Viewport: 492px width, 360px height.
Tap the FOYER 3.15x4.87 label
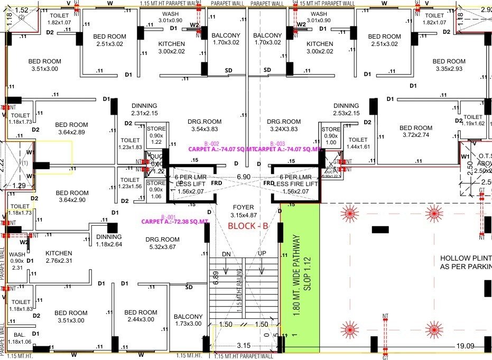point(243,211)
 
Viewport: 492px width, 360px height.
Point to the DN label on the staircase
point(227,254)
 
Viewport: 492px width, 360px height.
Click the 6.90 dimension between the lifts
point(243,176)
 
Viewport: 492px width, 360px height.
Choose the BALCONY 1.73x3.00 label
point(188,320)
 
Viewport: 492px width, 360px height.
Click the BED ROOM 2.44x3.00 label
point(141,316)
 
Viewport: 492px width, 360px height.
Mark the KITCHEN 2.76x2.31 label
point(59,257)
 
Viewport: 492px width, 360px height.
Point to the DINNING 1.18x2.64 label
point(109,241)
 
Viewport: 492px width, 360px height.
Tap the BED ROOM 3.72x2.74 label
point(416,132)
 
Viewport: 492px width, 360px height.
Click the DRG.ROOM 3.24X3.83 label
point(284,125)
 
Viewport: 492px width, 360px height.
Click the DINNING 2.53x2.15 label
point(346,109)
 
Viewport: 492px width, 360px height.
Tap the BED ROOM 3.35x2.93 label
point(449,65)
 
